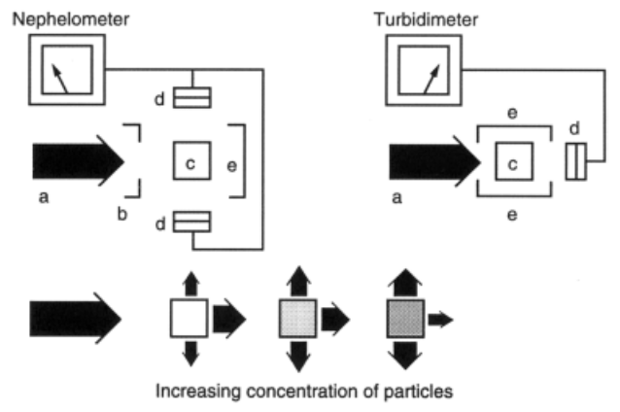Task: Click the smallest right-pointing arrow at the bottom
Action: pos(440,318)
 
